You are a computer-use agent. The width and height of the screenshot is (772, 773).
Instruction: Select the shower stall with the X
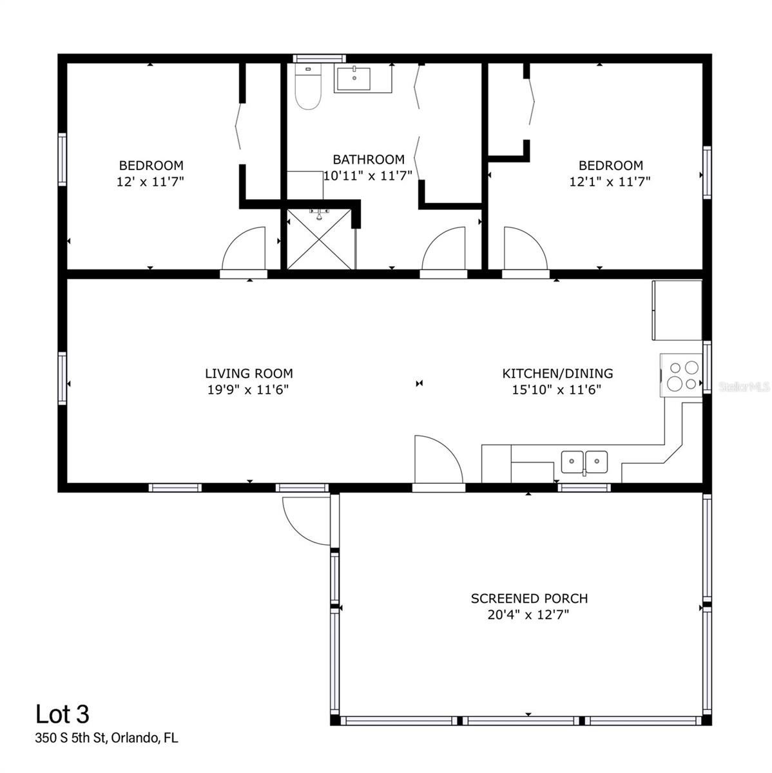coord(320,239)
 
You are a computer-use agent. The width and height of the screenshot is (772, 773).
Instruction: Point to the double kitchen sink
coord(584,462)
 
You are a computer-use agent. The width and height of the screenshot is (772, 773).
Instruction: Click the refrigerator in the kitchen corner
coord(677,310)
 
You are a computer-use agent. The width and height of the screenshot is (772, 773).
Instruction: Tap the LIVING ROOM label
coord(249,373)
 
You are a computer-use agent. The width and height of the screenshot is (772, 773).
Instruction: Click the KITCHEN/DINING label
coord(557,373)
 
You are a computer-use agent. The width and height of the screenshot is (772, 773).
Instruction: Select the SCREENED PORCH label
coord(529,598)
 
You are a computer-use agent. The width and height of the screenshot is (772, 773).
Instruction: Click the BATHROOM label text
coord(369,159)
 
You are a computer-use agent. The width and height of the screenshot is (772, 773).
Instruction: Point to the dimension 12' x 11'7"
coord(151,182)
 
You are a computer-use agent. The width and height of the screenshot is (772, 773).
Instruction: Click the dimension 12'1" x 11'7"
coord(610,182)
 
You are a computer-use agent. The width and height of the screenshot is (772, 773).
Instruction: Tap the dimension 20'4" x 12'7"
coord(528,615)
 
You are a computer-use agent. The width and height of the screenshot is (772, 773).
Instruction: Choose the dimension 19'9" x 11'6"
coord(247,389)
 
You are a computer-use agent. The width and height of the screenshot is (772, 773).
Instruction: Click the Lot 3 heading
coord(63,714)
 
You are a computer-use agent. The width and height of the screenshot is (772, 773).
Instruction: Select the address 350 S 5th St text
coord(106,738)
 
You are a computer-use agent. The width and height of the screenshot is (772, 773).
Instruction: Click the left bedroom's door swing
coord(246,250)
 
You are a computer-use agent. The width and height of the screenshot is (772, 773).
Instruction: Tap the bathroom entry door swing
coord(445,250)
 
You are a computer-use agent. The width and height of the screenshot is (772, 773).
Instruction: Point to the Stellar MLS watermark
coord(744,387)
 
